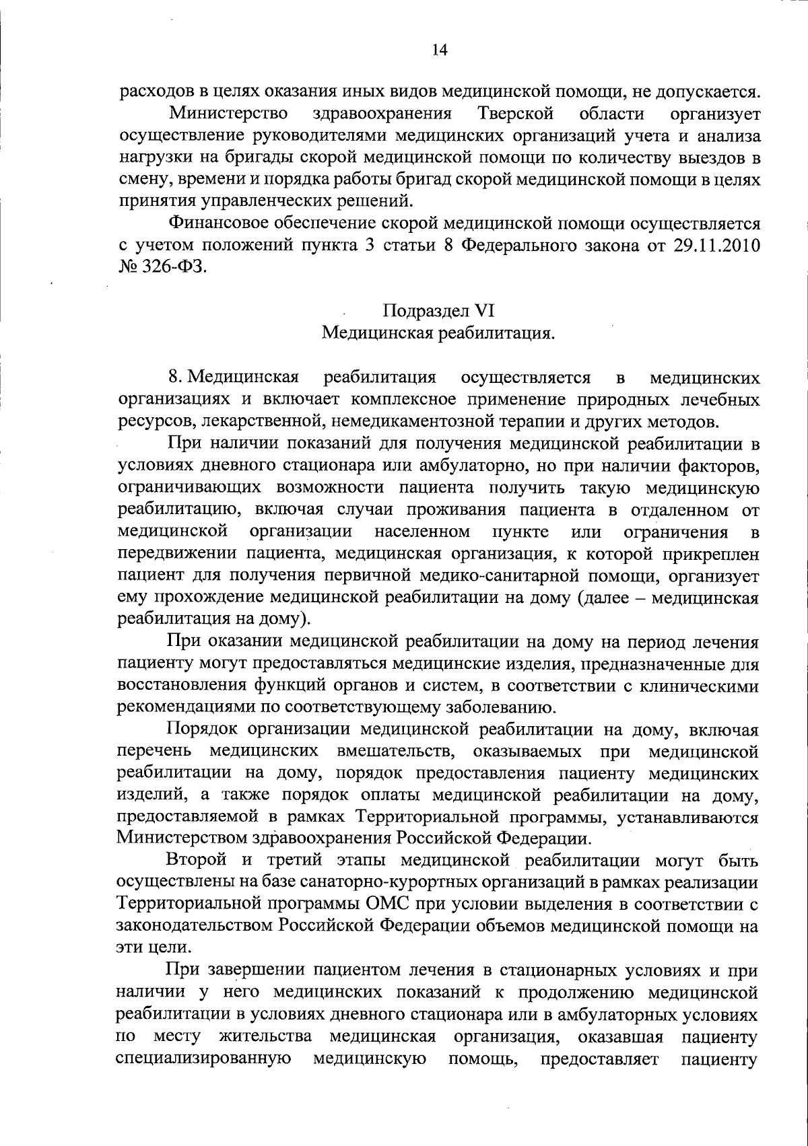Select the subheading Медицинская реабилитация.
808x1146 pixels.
pos(438,333)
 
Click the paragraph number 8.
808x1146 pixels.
pos(174,377)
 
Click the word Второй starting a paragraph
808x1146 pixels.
pos(197,861)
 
